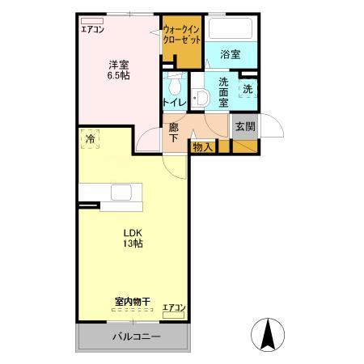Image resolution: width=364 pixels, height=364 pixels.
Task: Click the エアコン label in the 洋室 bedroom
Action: (91, 30)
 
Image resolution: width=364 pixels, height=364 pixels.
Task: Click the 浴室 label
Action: (230, 54)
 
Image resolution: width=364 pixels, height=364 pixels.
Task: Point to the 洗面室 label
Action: (222, 92)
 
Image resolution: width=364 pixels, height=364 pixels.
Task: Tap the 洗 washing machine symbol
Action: (248, 89)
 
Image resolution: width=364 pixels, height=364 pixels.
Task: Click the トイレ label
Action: (174, 103)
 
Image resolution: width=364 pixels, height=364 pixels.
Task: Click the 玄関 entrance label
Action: (245, 126)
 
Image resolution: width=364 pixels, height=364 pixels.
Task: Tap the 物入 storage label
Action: (202, 146)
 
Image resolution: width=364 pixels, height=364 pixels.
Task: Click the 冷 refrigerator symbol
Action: (90, 139)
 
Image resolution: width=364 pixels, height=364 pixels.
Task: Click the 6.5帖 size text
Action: (119, 74)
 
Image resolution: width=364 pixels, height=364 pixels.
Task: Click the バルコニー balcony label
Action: (133, 336)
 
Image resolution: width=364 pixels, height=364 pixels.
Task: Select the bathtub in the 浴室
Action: (231, 28)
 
